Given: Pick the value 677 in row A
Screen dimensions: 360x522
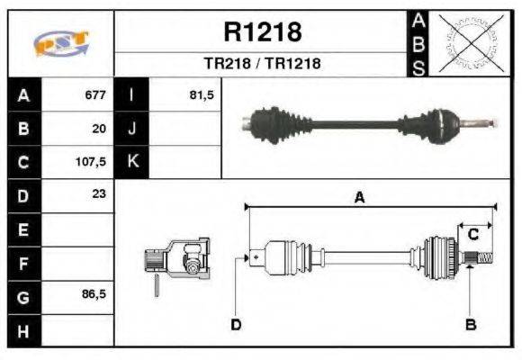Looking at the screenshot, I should coord(95,94).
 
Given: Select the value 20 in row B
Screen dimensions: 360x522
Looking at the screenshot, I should coord(99,129).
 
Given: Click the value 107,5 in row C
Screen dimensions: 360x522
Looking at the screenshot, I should coord(93,163).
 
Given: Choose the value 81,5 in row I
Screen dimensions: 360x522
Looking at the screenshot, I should coord(202,94).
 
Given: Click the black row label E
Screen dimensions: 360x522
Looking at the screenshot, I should coord(22,230).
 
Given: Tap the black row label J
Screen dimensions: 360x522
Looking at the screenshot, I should coord(132,129).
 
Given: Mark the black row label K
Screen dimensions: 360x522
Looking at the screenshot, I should coord(132,163).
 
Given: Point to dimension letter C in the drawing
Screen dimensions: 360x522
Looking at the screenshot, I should coord(472,234).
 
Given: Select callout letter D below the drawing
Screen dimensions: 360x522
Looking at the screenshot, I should coord(236,324).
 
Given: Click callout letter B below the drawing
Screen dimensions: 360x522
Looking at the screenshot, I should coord(470,324).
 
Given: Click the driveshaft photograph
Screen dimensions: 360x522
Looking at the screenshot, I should coord(369,123).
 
